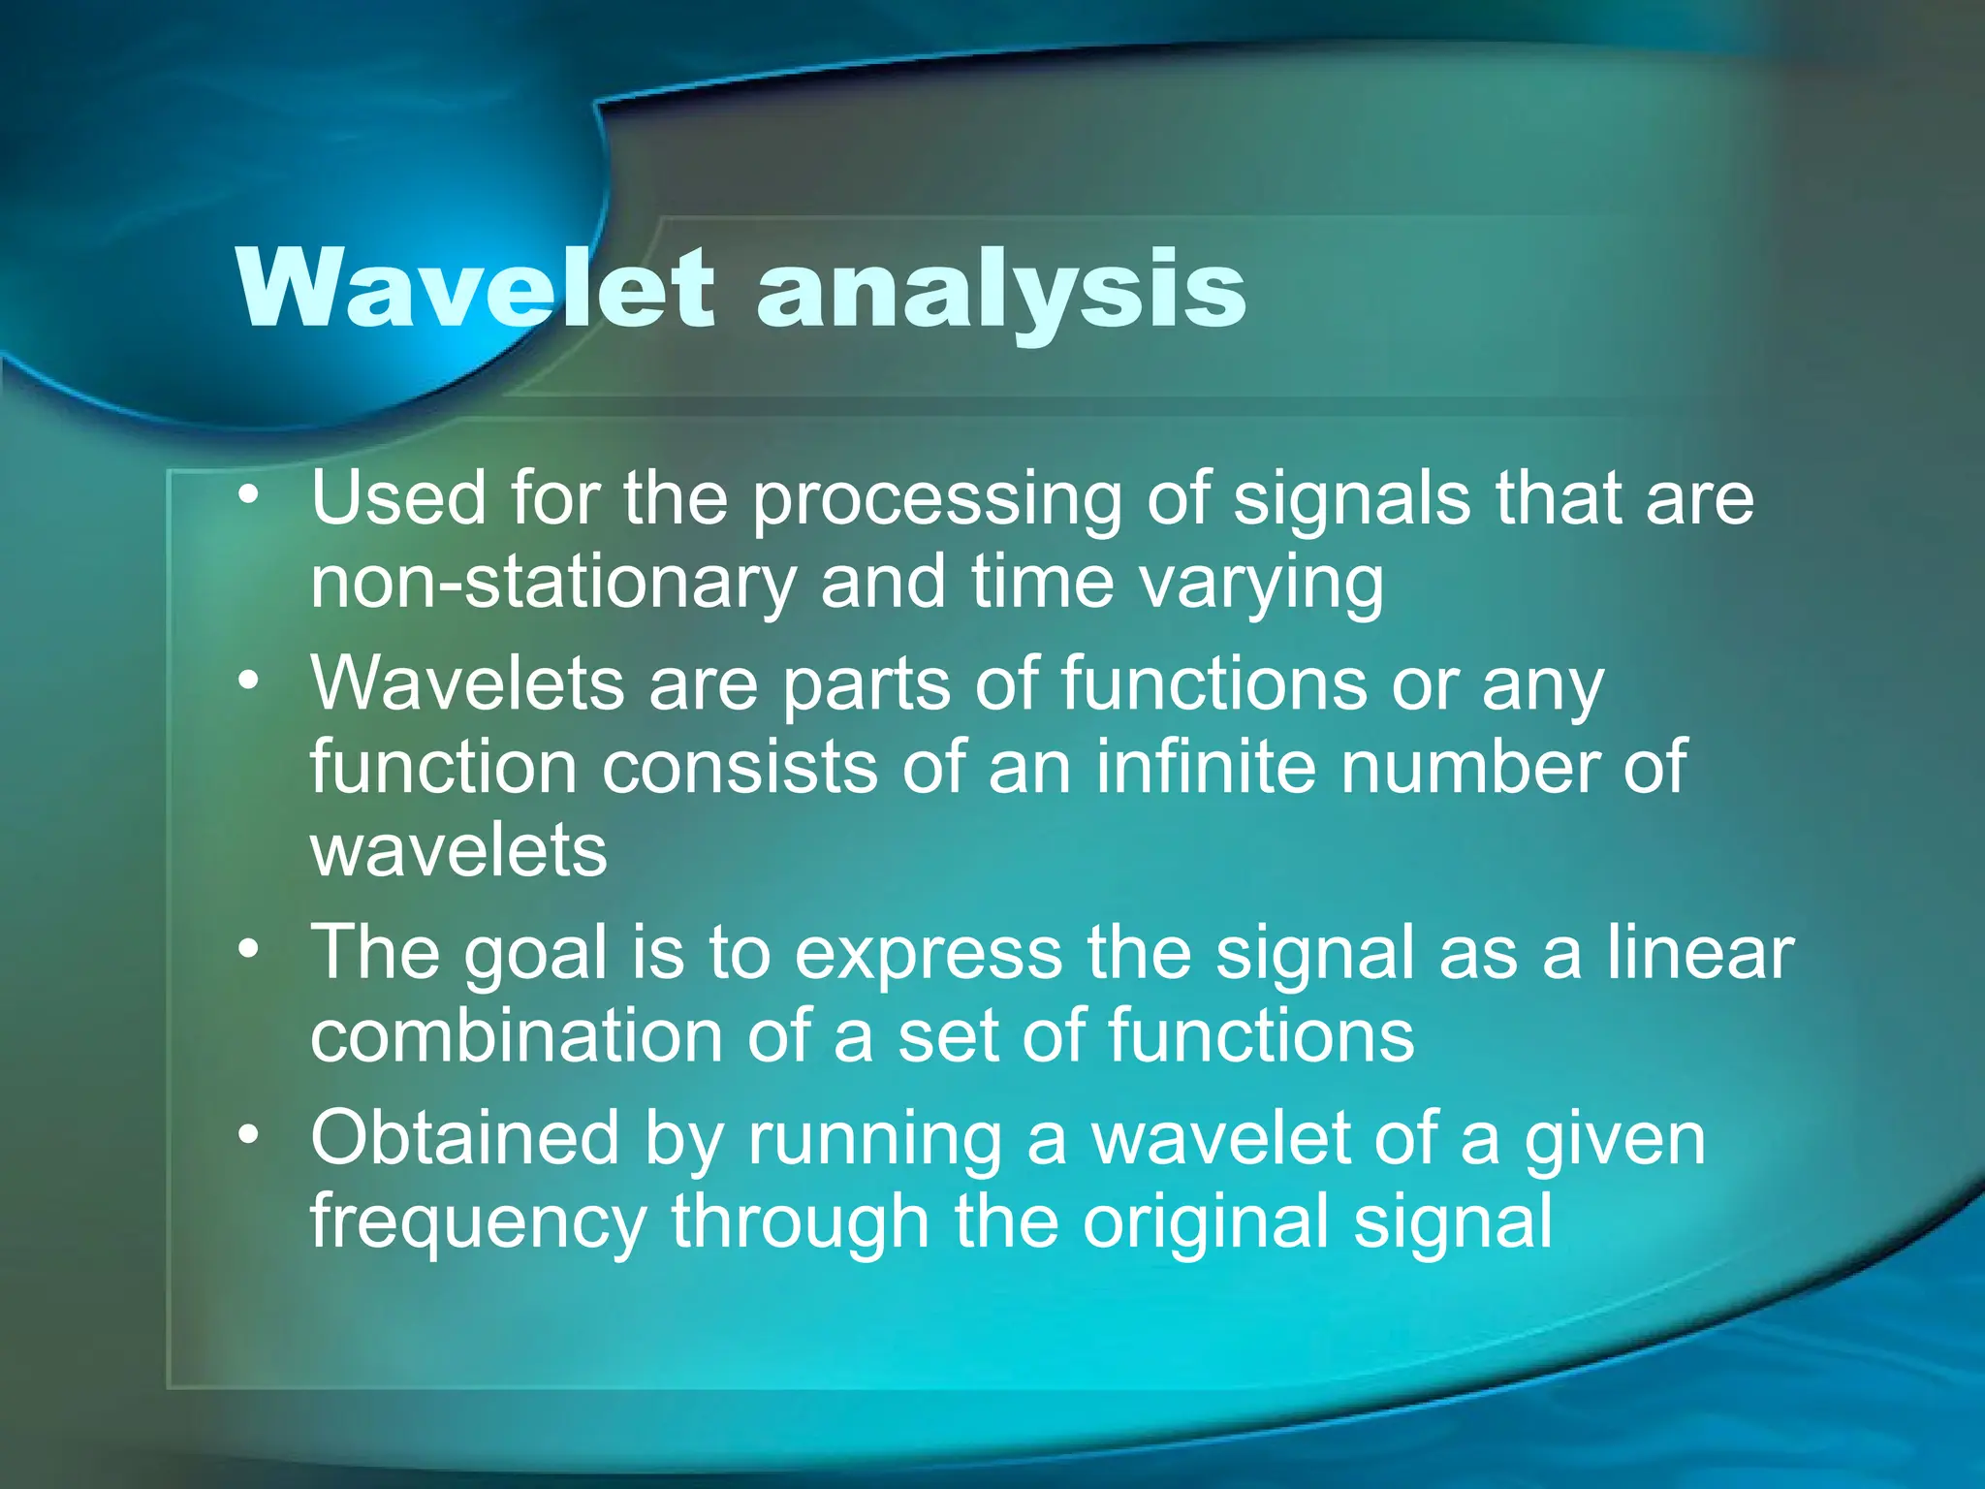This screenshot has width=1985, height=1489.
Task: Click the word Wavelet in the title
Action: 475,288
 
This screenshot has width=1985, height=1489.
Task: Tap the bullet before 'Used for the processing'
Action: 249,494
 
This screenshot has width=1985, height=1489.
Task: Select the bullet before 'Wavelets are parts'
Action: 249,681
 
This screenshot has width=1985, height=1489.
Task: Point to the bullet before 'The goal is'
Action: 249,949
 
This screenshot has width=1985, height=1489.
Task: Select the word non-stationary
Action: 552,584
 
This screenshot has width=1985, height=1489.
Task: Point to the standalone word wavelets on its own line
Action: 458,852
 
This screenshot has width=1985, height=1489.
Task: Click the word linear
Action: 1700,952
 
